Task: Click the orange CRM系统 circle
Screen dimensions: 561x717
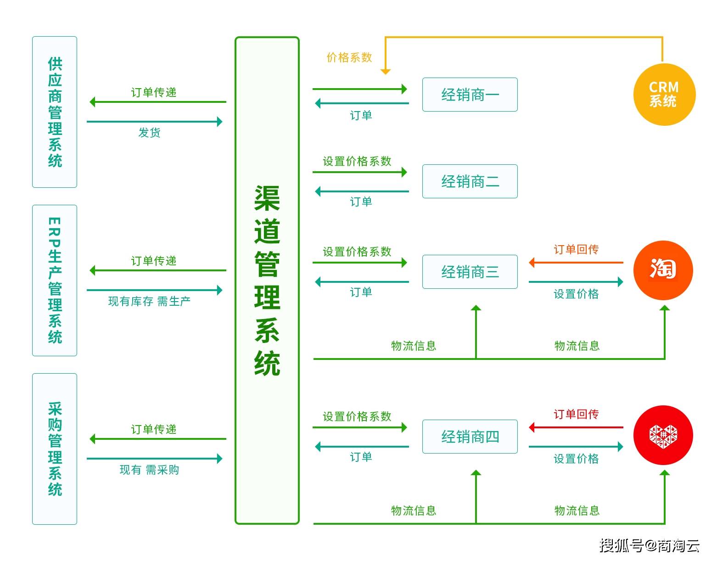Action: [x=664, y=95]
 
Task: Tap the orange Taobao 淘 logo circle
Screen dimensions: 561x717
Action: [x=663, y=270]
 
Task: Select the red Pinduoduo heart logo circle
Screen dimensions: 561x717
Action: [x=663, y=435]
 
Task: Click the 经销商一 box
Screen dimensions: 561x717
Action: [x=470, y=95]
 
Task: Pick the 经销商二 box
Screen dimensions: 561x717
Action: [x=470, y=181]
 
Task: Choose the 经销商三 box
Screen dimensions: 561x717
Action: [x=470, y=272]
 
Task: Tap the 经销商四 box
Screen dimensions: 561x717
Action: [x=470, y=437]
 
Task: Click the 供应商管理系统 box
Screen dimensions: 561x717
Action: [x=55, y=112]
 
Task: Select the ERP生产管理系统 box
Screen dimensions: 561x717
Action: [x=55, y=280]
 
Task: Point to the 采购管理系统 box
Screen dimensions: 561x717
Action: [x=55, y=449]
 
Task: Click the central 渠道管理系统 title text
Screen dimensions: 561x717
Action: [x=267, y=280]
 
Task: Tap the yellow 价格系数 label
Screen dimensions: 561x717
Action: [x=349, y=57]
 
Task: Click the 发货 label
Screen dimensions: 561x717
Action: [x=149, y=133]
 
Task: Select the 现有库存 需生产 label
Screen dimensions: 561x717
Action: [x=149, y=301]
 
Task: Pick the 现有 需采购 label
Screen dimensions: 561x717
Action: [x=149, y=470]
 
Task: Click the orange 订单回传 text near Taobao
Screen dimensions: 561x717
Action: [x=576, y=249]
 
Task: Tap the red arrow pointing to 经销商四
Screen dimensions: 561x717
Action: [x=576, y=427]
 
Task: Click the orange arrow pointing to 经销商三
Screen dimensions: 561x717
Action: [x=576, y=263]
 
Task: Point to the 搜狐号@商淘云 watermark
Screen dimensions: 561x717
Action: [x=649, y=545]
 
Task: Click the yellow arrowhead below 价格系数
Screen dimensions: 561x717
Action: [x=386, y=71]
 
